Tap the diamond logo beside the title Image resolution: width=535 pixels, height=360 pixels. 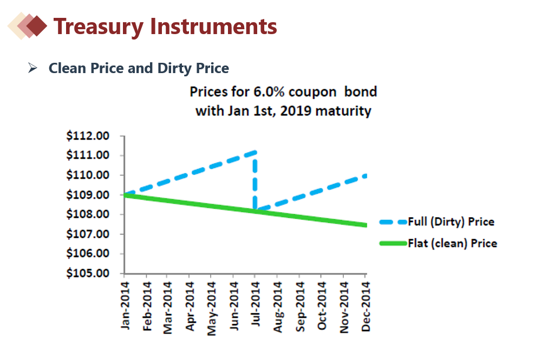(x=29, y=25)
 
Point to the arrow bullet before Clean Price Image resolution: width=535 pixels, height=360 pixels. (x=32, y=68)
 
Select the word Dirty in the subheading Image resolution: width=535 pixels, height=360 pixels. (x=173, y=68)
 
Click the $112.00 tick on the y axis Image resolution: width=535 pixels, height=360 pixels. (x=88, y=136)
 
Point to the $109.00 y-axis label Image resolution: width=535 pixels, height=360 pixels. (x=88, y=195)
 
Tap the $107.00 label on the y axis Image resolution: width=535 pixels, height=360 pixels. (x=88, y=234)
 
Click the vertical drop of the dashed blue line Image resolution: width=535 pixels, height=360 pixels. (x=255, y=181)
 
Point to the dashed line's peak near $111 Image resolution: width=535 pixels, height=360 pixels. (x=254, y=153)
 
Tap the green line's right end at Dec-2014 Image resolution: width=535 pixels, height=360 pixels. (x=365, y=225)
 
